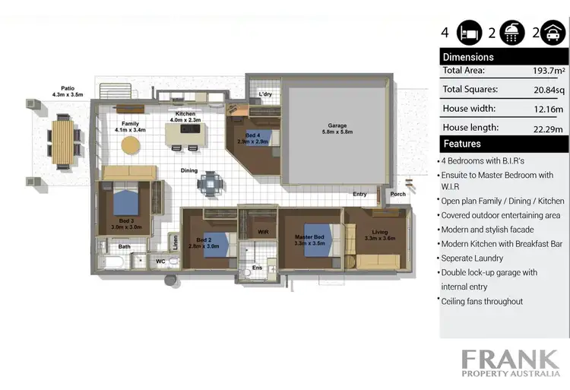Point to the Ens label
pos(258,267)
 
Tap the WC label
pos(160,261)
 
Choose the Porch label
pos(397,193)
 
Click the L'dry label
pos(265,94)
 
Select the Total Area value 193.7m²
pos(548,71)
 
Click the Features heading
pos(462,143)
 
